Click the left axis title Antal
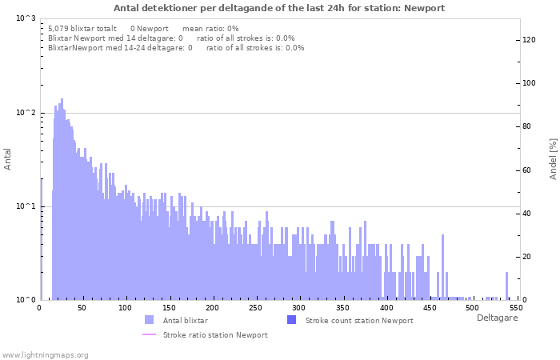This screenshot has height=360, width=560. point(8,158)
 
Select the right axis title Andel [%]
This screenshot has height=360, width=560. point(552,158)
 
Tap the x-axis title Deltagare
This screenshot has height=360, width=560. point(497,318)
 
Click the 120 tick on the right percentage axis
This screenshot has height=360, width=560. point(529,40)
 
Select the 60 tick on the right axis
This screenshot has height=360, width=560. point(529,170)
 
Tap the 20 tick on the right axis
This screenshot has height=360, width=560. point(529,257)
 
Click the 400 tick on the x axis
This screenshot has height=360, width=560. point(386,308)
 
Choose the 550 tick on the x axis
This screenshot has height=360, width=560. point(516,308)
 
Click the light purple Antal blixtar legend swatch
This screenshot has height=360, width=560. point(149,320)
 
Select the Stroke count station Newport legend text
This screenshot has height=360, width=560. point(359,320)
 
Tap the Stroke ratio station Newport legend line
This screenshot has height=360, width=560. point(149,334)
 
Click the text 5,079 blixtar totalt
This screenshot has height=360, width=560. point(82,28)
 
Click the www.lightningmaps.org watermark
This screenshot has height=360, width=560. point(45,354)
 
